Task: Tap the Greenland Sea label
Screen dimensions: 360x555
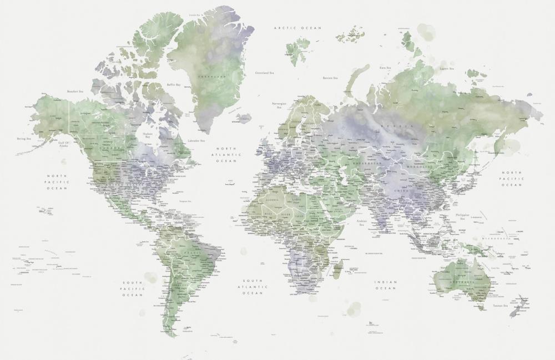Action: [265, 73]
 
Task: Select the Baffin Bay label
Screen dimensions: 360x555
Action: [174, 85]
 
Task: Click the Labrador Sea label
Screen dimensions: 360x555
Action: [196, 141]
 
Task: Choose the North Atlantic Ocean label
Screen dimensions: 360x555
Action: [226, 155]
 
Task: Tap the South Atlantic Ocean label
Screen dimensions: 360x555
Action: [254, 286]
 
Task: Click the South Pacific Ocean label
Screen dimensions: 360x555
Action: [133, 289]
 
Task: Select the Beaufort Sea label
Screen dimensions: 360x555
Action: [75, 92]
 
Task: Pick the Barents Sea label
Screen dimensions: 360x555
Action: [330, 78]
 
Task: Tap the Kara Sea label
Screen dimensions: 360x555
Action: [386, 68]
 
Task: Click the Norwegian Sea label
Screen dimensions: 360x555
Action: [279, 105]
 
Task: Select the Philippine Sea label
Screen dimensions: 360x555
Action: [462, 216]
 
